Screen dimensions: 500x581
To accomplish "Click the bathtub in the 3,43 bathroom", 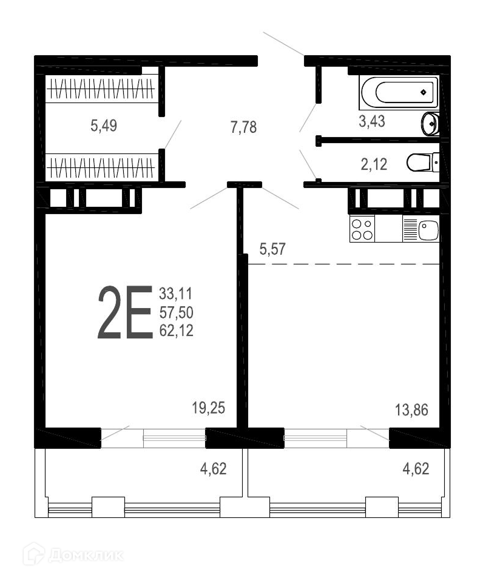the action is pyautogui.click(x=399, y=92).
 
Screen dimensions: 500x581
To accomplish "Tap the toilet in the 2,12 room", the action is pyautogui.click(x=423, y=163).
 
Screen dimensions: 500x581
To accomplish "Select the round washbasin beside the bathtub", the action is pyautogui.click(x=430, y=123).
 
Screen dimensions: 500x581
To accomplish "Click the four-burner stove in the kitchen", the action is pyautogui.click(x=362, y=229).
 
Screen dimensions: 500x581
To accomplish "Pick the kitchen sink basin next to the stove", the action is pyautogui.click(x=428, y=229).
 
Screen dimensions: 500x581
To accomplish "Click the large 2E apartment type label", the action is pyautogui.click(x=125, y=312).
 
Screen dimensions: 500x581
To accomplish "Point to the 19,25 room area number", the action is pyautogui.click(x=208, y=408).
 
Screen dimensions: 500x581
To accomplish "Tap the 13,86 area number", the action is pyautogui.click(x=411, y=410).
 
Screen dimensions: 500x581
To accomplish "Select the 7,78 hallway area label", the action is pyautogui.click(x=243, y=127).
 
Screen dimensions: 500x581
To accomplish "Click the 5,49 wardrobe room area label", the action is pyautogui.click(x=104, y=126).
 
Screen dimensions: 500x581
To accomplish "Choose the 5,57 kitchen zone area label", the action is pyautogui.click(x=272, y=249).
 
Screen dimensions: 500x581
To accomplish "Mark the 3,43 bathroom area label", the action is pyautogui.click(x=372, y=121).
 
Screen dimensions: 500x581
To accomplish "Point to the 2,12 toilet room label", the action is pyautogui.click(x=374, y=164).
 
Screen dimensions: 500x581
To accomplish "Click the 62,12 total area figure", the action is pyautogui.click(x=177, y=331).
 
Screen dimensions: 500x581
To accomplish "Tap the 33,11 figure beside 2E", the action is pyautogui.click(x=176, y=294).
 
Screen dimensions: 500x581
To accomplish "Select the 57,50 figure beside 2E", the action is pyautogui.click(x=177, y=312).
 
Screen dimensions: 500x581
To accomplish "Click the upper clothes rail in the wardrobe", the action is pyautogui.click(x=100, y=89).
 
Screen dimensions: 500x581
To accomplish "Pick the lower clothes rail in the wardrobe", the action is pyautogui.click(x=100, y=167).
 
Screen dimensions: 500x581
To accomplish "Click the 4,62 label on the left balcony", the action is pyautogui.click(x=213, y=469).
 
